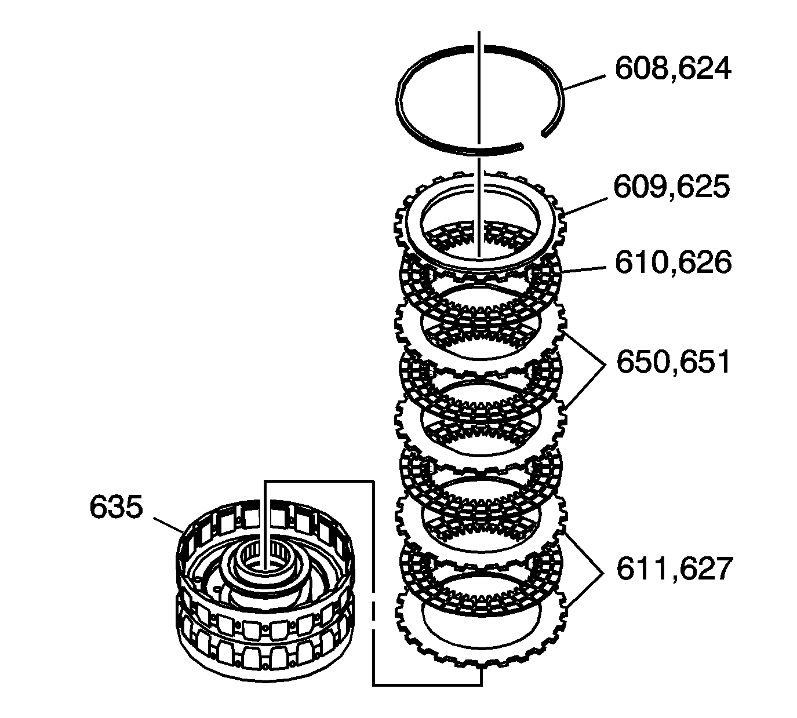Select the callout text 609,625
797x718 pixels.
671,187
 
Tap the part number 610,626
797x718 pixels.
672,263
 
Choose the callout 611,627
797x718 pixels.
674,568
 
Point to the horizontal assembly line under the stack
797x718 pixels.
426,685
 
